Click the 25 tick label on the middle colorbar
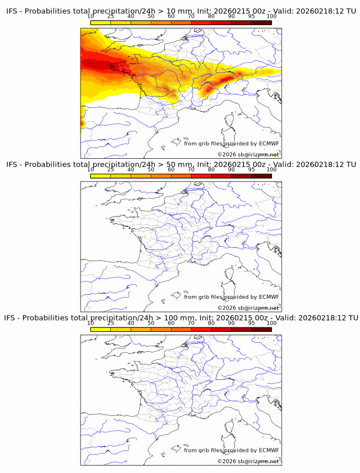point(111,170)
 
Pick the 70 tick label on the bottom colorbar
point(191,323)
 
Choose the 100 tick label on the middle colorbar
point(271,170)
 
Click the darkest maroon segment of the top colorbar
point(261,22)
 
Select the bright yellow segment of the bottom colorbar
point(101,329)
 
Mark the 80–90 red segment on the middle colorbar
point(221,176)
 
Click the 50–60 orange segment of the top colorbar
point(161,22)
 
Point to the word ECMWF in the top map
point(269,144)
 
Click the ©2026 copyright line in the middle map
point(248,308)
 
